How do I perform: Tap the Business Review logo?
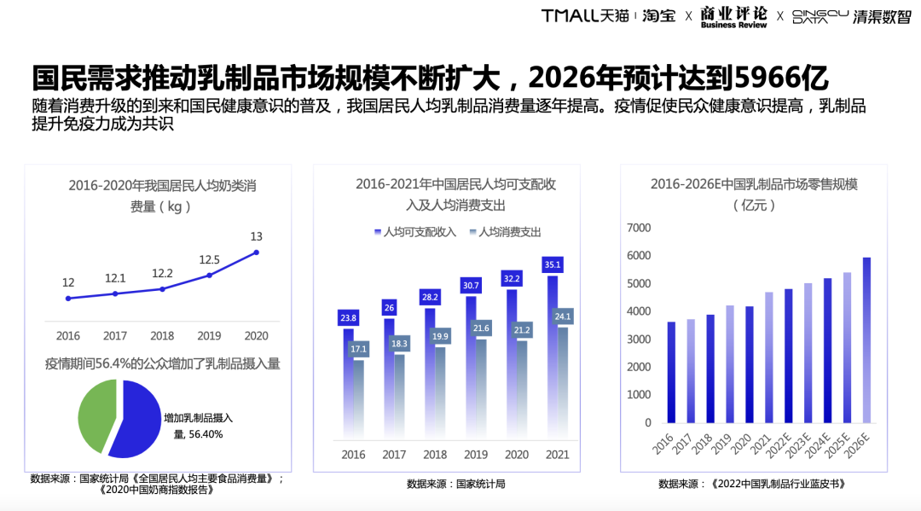733,17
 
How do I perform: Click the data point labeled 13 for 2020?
256,253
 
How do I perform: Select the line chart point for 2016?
68,299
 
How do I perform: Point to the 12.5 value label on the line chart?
209,259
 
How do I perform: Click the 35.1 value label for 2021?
553,264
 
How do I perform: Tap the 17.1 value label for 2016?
358,349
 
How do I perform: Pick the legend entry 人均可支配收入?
415,231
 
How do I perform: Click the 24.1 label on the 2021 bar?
563,316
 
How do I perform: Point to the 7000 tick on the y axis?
639,228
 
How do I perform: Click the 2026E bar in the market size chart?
866,340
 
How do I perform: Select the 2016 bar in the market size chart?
671,372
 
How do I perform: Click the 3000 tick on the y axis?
639,340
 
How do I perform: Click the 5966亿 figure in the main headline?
781,78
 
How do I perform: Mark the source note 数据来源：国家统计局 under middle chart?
455,484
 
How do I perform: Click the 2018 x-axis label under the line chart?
162,336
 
